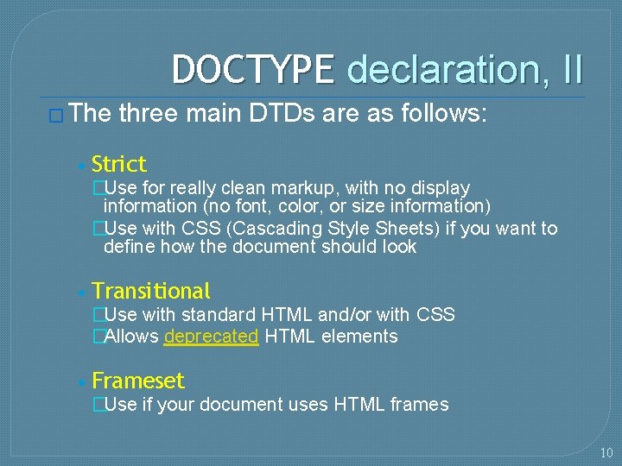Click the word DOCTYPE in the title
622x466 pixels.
(x=252, y=69)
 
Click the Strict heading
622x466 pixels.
(x=119, y=164)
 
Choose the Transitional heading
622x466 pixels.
(x=151, y=291)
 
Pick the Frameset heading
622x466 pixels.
(x=138, y=381)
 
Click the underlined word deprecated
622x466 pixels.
(x=211, y=337)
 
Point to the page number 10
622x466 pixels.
(x=606, y=453)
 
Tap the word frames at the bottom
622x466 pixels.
(x=420, y=404)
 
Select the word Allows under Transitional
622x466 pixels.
(x=131, y=337)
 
